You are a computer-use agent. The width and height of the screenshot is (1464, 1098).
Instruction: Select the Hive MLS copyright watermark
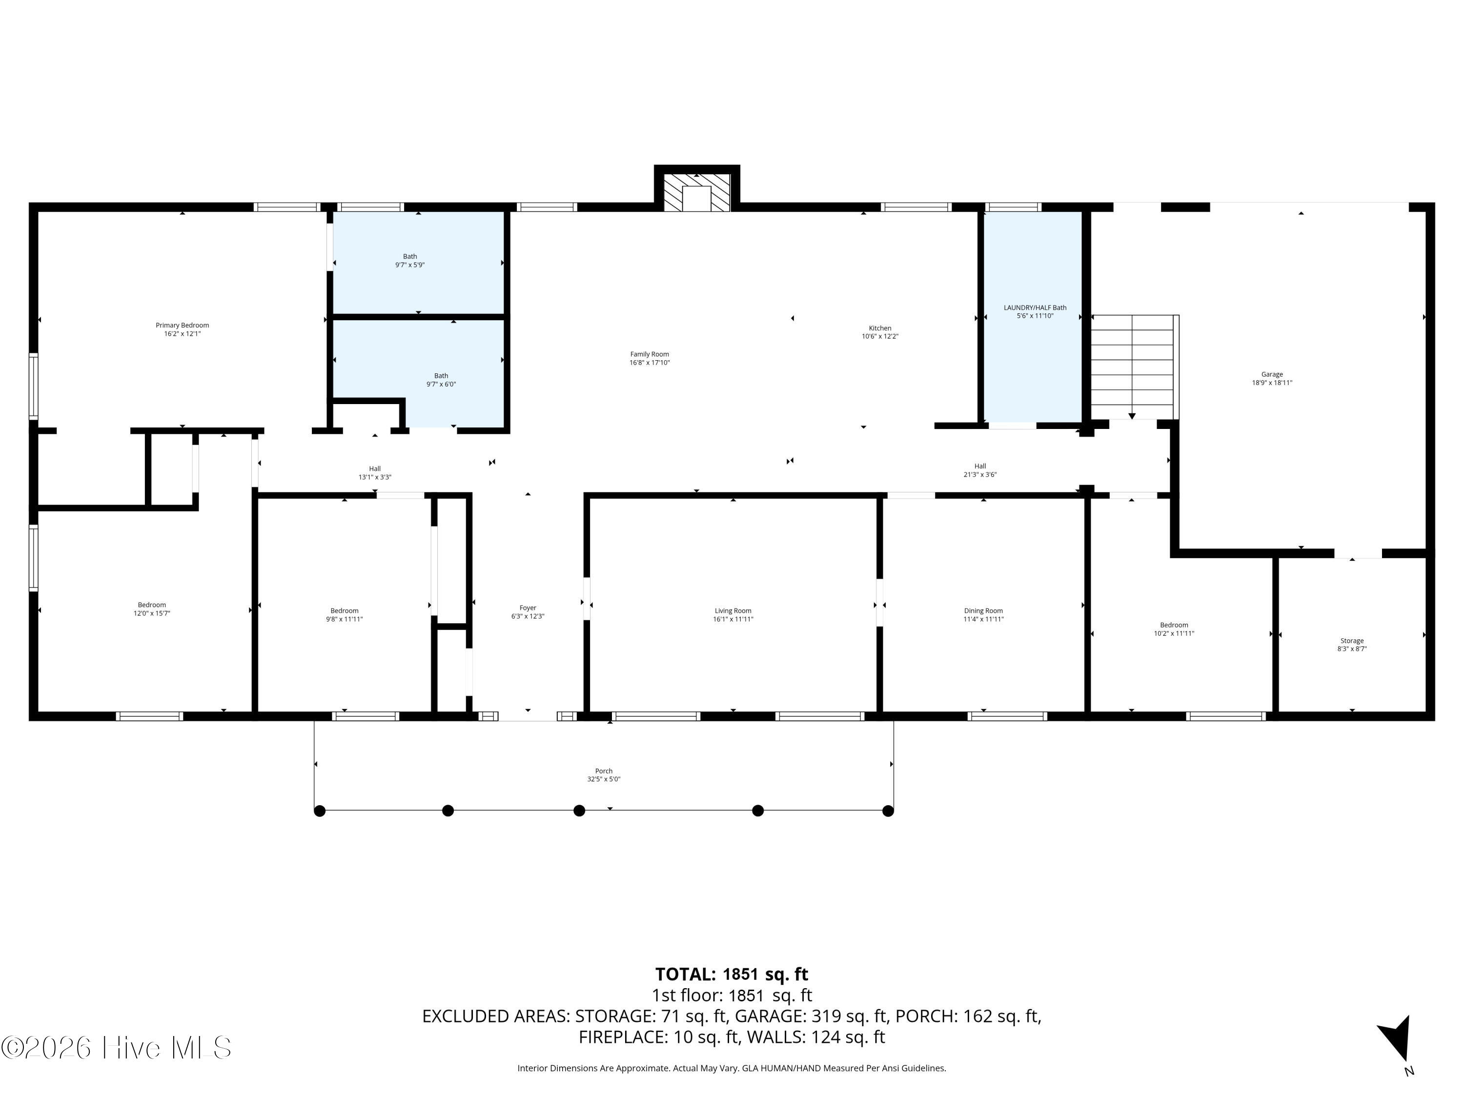117,1048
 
